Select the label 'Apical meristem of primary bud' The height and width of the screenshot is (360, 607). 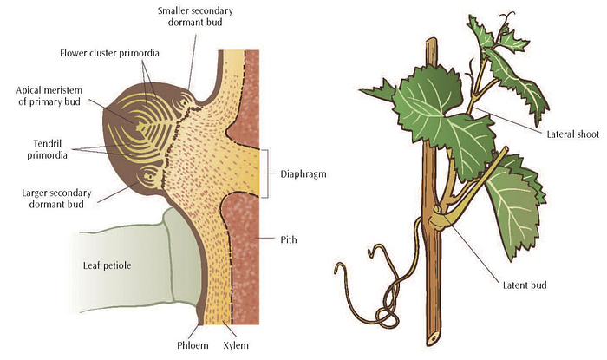point(55,96)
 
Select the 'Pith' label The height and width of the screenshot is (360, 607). point(290,237)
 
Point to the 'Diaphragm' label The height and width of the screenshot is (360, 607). point(303,172)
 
